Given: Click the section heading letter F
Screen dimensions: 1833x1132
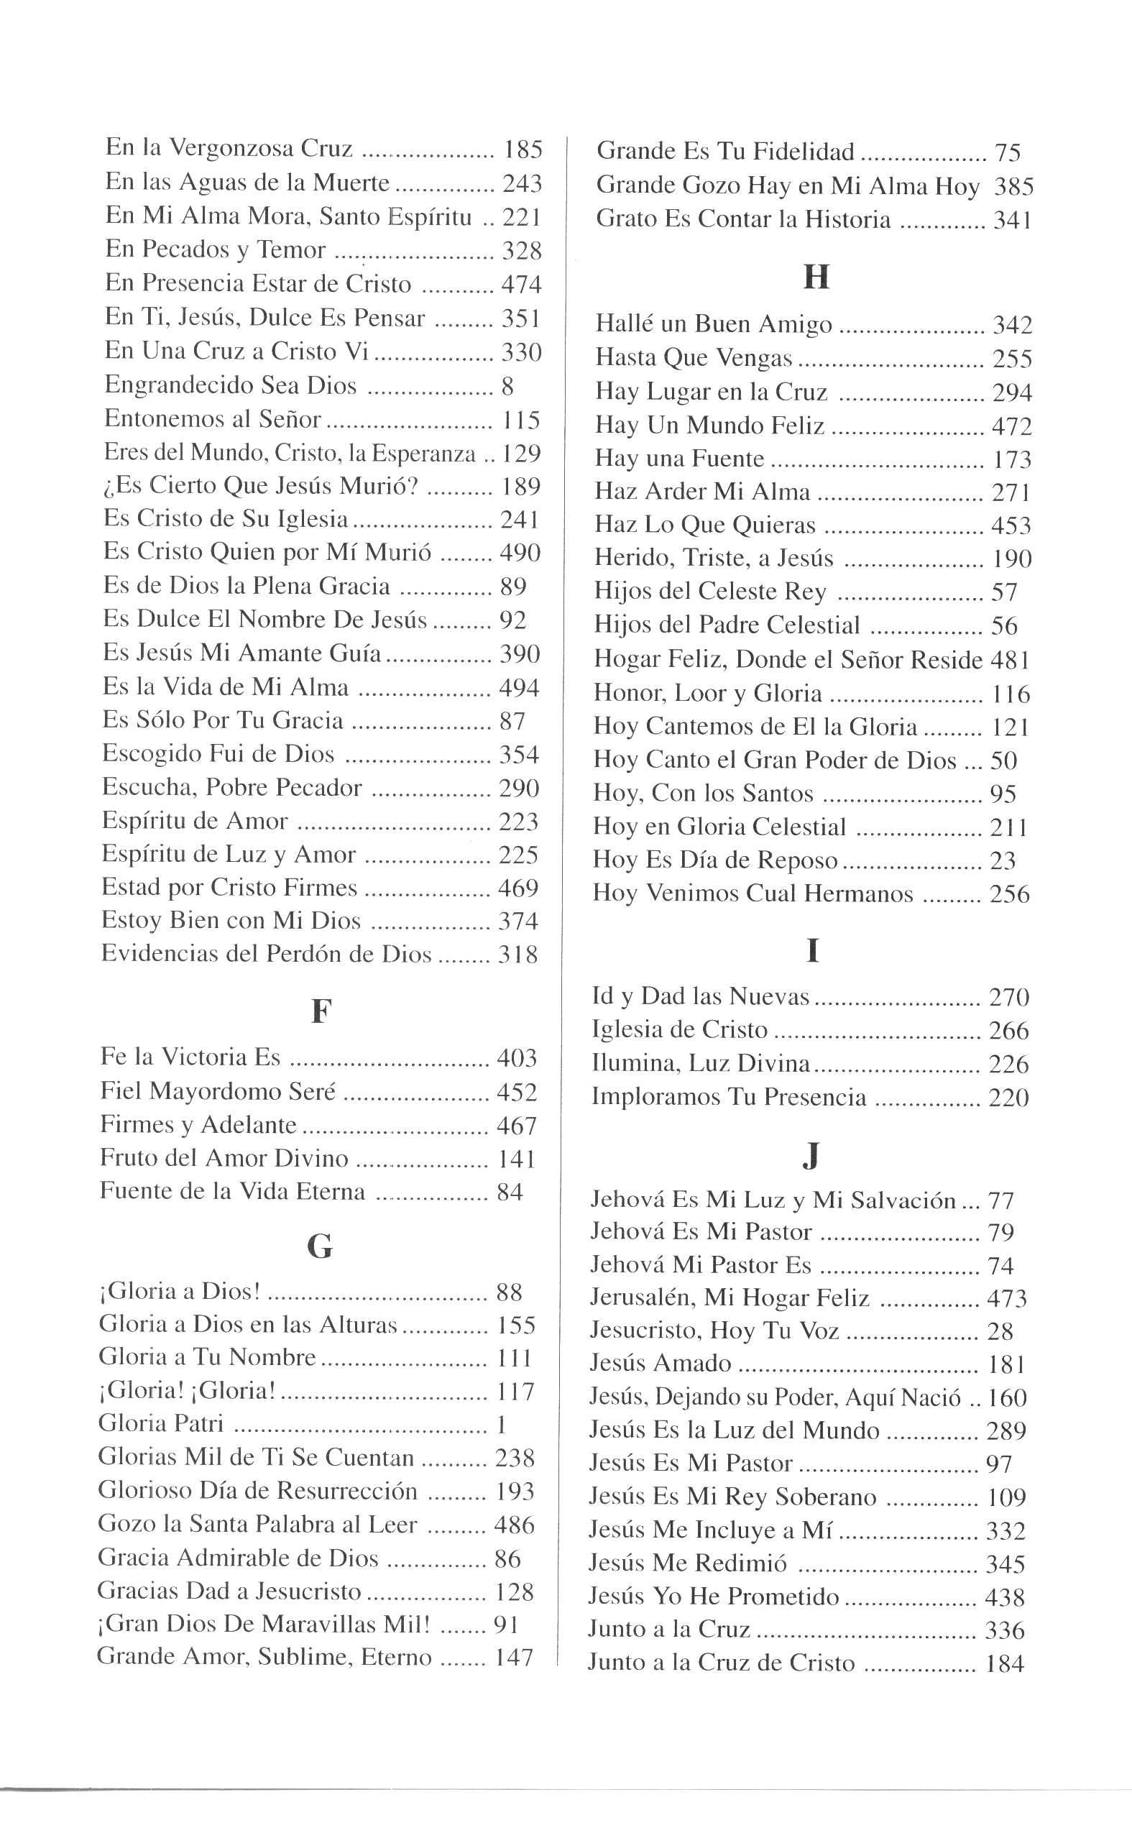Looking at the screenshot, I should coord(321,1012).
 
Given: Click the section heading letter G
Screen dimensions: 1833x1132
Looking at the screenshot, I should coord(320,1246).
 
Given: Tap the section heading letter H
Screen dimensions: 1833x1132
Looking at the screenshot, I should coord(815,277).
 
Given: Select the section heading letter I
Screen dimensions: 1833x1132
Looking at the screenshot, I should coord(812,951).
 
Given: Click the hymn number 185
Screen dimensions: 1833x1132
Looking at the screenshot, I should coord(523,150).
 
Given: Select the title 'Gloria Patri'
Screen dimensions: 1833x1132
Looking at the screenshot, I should coord(161,1423).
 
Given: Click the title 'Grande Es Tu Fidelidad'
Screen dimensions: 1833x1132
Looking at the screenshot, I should coord(724,152).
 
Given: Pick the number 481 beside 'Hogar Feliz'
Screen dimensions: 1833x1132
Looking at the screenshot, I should coord(1010,661).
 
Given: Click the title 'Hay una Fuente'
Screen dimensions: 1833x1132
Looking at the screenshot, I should coord(679,459).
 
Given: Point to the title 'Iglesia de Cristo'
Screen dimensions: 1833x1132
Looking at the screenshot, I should coord(679,1029).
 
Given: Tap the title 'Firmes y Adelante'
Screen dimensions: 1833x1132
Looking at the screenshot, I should coord(198,1125).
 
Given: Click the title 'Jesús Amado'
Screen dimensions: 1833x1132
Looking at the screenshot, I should coord(660,1363).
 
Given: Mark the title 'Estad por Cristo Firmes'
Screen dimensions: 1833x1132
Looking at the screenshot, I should coord(229,887).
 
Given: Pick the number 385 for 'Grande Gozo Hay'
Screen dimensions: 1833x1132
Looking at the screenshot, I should coord(1013,186).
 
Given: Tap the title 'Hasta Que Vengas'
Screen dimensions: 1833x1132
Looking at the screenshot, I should coord(694,358).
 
